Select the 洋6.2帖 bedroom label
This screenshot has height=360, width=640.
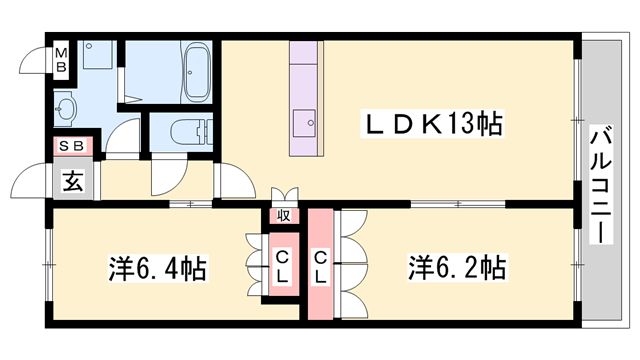[x=456, y=268]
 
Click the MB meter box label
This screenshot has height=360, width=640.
[x=61, y=60]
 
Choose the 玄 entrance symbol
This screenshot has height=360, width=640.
[x=73, y=181]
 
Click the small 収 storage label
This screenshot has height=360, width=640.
[x=284, y=215]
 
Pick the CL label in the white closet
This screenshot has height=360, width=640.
[x=282, y=267]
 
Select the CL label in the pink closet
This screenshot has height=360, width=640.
[x=321, y=267]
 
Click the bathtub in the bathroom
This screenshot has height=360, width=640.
[x=195, y=72]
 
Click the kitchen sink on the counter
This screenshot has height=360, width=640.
[x=306, y=126]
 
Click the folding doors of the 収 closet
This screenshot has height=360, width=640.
[x=284, y=194]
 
